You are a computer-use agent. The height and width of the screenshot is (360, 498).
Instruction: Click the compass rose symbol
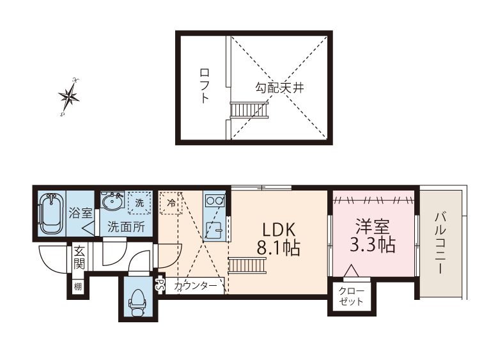click(x=69, y=97)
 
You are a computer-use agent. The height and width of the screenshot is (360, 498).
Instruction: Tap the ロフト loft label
click(x=205, y=86)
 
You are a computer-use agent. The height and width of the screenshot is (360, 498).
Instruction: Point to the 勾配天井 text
click(x=280, y=88)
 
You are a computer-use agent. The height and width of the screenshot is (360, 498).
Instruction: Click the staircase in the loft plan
click(x=249, y=110)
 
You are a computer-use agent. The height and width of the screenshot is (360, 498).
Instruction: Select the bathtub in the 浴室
click(x=51, y=213)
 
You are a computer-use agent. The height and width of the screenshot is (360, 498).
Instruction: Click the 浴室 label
click(x=81, y=213)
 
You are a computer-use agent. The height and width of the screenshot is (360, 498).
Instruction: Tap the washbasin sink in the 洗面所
click(x=113, y=200)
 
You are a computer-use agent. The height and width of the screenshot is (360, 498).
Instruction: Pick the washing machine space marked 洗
click(x=139, y=203)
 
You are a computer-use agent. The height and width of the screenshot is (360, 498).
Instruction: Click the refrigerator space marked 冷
click(x=170, y=203)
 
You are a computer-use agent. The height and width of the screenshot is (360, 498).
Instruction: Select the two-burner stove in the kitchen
click(x=215, y=201)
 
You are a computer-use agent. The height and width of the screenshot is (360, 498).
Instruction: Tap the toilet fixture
click(x=138, y=302)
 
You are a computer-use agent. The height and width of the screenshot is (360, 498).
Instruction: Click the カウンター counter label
click(x=196, y=286)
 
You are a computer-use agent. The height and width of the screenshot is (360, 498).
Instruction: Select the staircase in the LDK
click(x=247, y=265)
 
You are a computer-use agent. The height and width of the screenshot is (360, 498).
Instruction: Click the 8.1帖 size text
click(x=278, y=247)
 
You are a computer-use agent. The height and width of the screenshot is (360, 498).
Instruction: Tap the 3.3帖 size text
click(x=373, y=245)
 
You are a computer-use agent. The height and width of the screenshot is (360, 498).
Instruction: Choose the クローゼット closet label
click(x=351, y=296)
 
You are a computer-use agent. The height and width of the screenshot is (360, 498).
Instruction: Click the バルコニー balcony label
click(x=440, y=244)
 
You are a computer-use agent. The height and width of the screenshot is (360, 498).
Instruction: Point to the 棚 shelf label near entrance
click(x=78, y=287)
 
